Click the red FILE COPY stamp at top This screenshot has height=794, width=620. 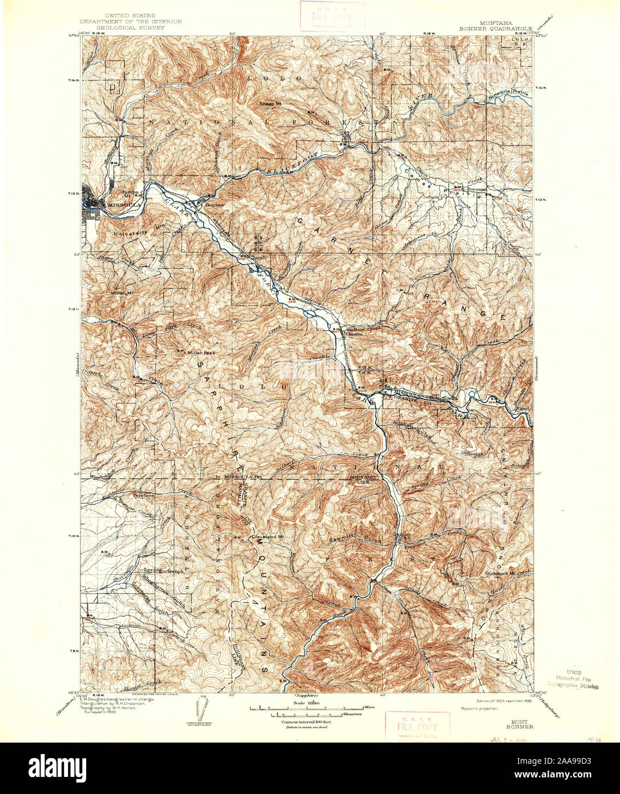click(x=332, y=15)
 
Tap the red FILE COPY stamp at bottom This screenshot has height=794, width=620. click(x=417, y=726)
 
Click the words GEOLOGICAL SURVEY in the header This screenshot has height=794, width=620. click(x=131, y=27)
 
